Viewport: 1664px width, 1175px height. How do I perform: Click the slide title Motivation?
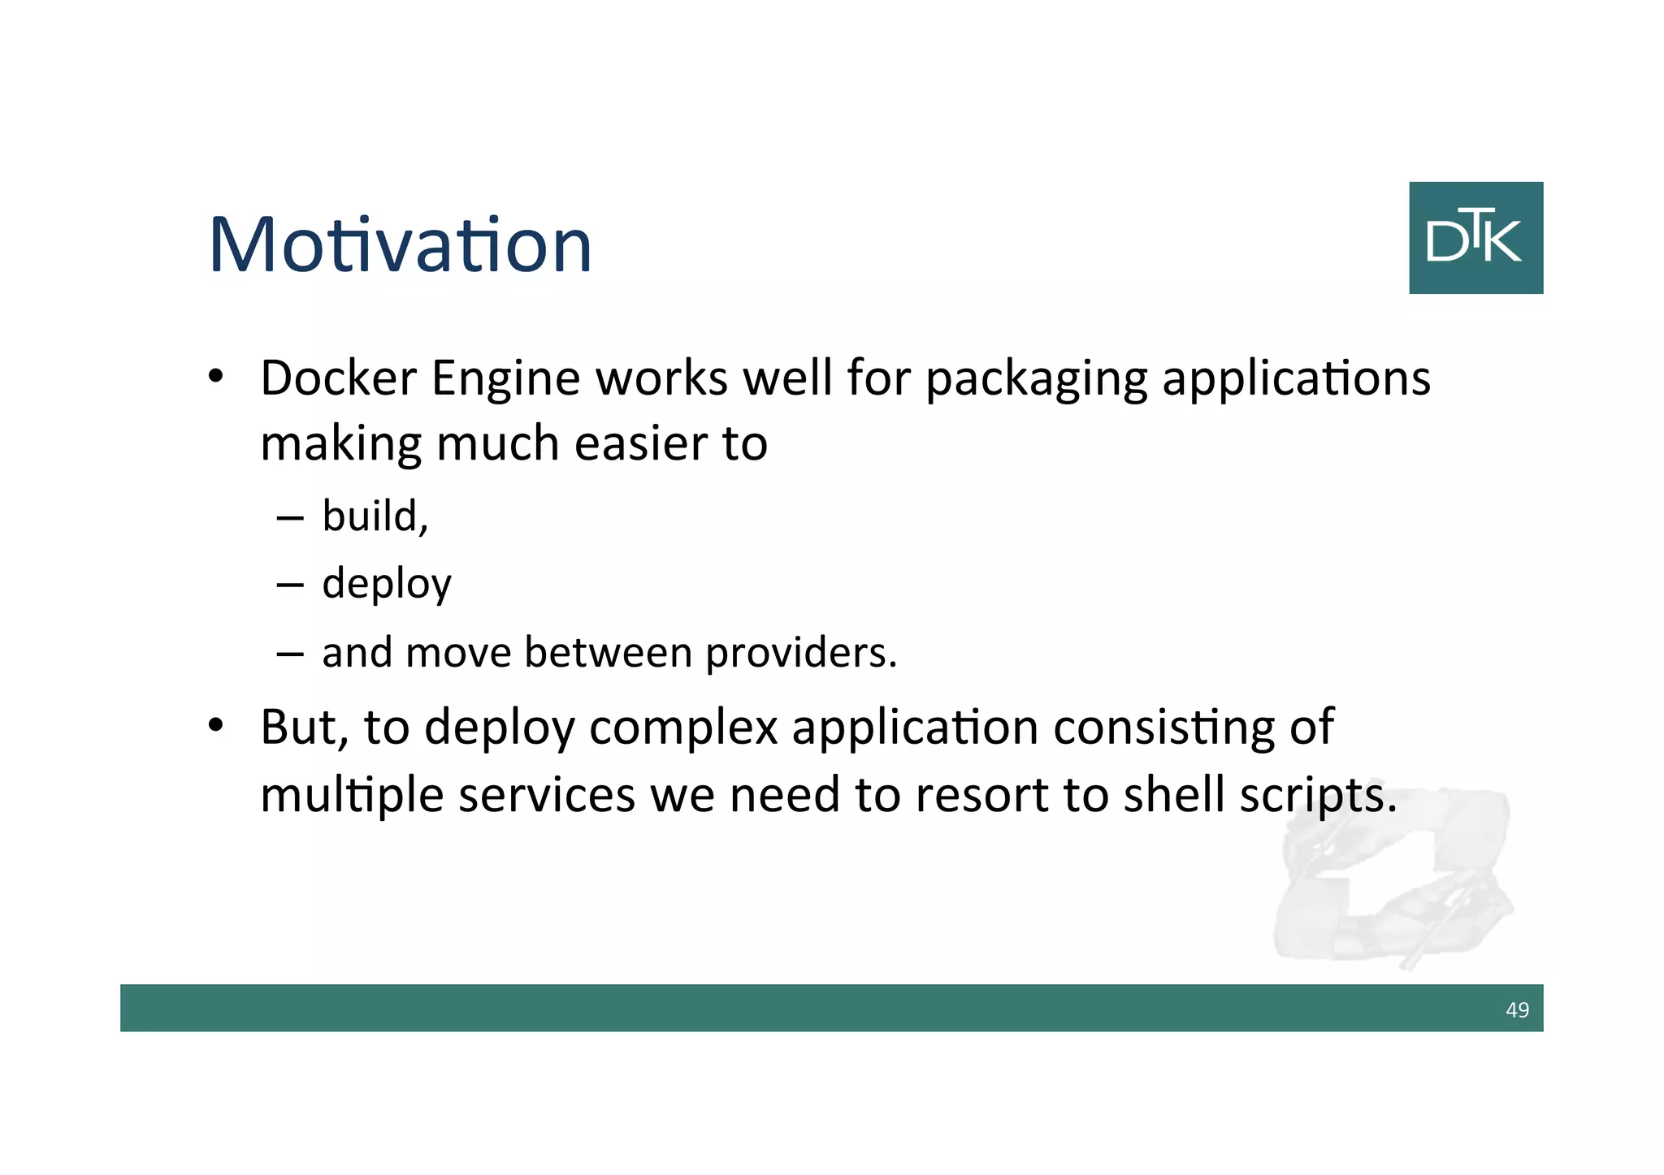[400, 244]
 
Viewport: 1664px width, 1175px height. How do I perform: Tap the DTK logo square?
[1475, 238]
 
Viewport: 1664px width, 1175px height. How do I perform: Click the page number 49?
[1517, 1009]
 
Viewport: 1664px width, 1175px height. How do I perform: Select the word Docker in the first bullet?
[338, 378]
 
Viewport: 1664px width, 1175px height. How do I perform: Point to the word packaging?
[1036, 380]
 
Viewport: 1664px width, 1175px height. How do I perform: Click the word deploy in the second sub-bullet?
[386, 584]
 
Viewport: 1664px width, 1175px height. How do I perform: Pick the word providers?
[800, 653]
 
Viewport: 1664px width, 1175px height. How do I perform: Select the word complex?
[683, 728]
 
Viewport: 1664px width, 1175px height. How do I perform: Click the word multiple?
[351, 796]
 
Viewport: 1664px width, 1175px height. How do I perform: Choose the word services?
[547, 795]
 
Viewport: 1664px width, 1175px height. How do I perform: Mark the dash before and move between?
[290, 653]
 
